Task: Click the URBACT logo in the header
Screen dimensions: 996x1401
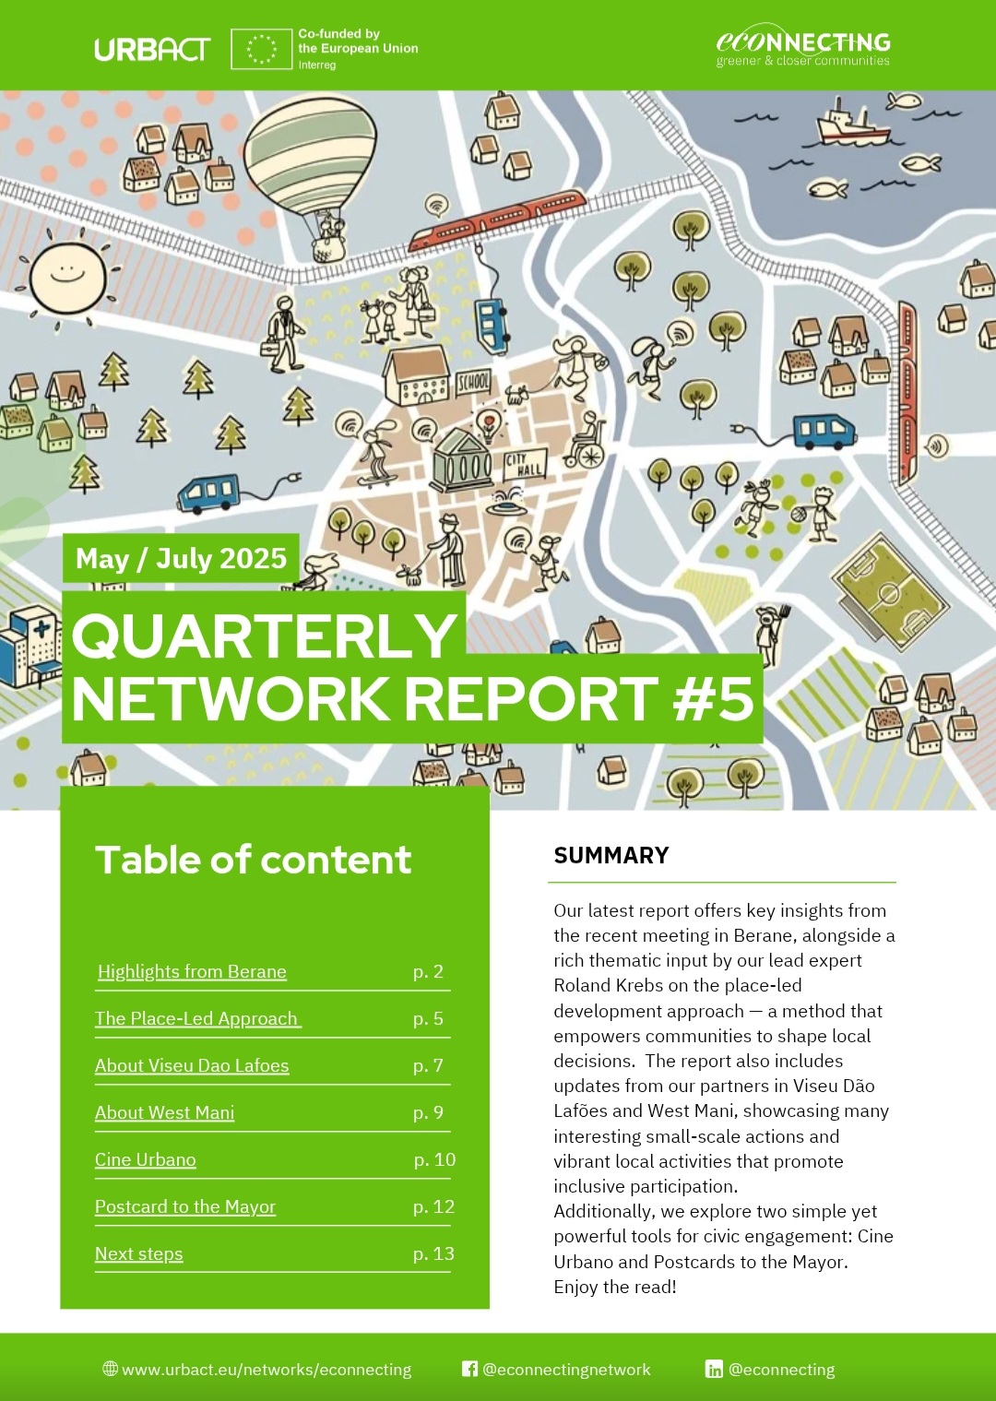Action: (x=152, y=50)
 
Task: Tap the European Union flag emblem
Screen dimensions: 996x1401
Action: (x=261, y=48)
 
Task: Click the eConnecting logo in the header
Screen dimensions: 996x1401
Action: (x=803, y=49)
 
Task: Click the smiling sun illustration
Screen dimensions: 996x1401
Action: (x=67, y=276)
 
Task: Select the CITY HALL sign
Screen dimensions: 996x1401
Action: (x=525, y=464)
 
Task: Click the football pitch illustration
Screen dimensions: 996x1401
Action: (x=891, y=592)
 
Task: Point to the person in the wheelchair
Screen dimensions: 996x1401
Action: (x=585, y=440)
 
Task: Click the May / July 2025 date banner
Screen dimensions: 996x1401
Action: (x=181, y=558)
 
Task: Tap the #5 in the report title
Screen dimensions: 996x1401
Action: (x=714, y=698)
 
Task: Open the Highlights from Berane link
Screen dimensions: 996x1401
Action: (x=192, y=971)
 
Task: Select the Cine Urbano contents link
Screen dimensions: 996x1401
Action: (x=145, y=1159)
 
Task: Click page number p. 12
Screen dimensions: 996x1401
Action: (x=433, y=1206)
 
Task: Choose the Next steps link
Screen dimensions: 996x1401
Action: (x=139, y=1253)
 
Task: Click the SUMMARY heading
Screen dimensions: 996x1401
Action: (x=611, y=855)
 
